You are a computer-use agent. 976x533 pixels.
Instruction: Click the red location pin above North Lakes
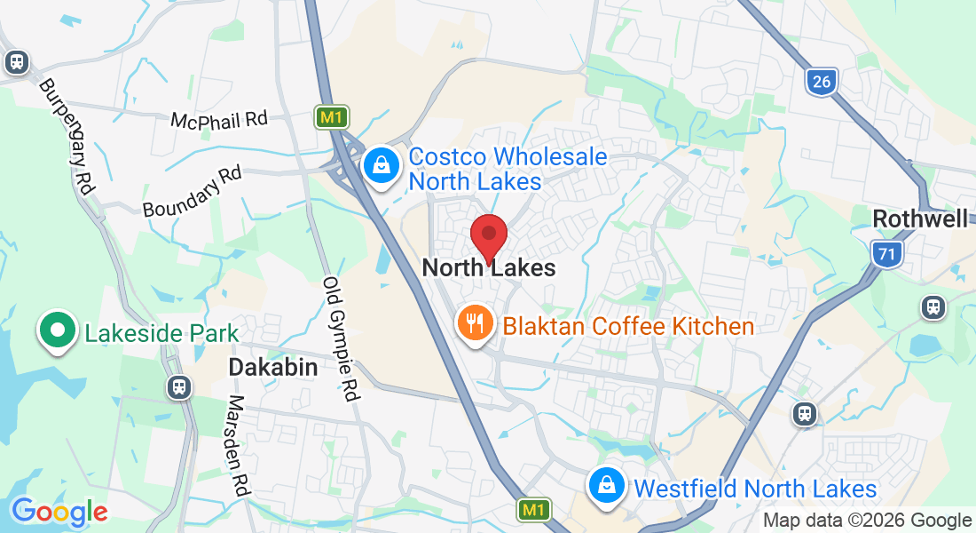(488, 236)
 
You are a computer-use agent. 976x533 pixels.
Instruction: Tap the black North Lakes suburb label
(489, 267)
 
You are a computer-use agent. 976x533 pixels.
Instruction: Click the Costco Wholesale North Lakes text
(508, 169)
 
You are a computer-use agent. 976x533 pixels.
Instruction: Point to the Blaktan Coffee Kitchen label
(628, 326)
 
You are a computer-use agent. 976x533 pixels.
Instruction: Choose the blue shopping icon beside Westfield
(606, 486)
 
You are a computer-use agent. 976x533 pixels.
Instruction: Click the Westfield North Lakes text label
(754, 489)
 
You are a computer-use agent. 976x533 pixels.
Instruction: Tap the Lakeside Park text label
(161, 334)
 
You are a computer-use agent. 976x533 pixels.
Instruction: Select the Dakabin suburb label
(273, 367)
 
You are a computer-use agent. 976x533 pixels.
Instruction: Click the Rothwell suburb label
(920, 219)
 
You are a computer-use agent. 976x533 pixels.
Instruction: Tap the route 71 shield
(885, 255)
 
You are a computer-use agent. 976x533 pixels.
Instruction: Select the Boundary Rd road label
(193, 192)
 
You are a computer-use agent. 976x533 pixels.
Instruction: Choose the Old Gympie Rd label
(340, 338)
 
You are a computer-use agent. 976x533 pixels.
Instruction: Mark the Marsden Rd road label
(237, 446)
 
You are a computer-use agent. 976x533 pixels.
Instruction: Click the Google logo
(59, 511)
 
